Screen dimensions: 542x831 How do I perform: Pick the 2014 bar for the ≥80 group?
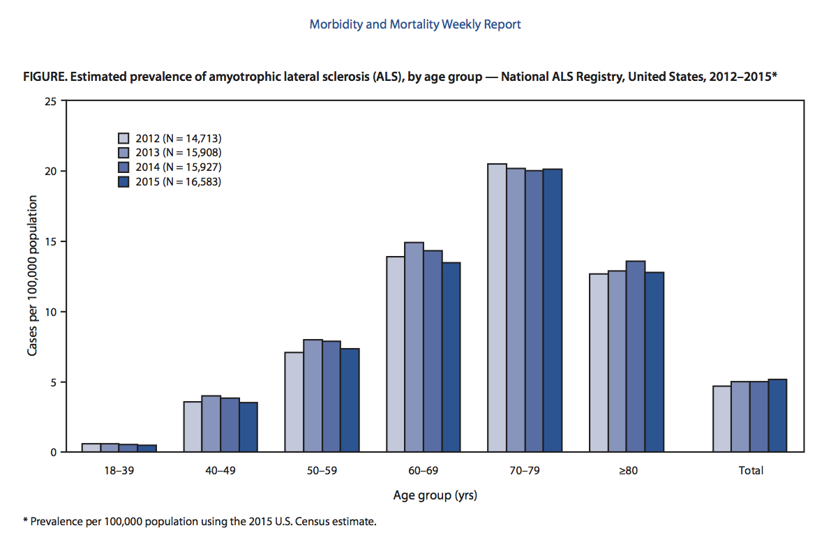pyautogui.click(x=636, y=356)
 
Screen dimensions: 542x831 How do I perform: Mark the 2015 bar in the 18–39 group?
pyautogui.click(x=147, y=449)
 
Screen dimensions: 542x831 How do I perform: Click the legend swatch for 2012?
pyautogui.click(x=124, y=137)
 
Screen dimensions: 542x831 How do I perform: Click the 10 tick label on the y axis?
pyautogui.click(x=50, y=312)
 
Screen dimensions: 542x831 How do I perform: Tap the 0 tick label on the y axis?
pyautogui.click(x=53, y=452)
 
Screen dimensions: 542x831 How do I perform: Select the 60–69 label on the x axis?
pyautogui.click(x=423, y=471)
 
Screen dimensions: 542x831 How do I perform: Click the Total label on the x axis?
pyautogui.click(x=751, y=471)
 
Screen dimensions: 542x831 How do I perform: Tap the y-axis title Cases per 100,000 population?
pyautogui.click(x=32, y=276)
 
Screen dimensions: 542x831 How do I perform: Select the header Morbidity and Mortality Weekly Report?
pyautogui.click(x=415, y=24)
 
